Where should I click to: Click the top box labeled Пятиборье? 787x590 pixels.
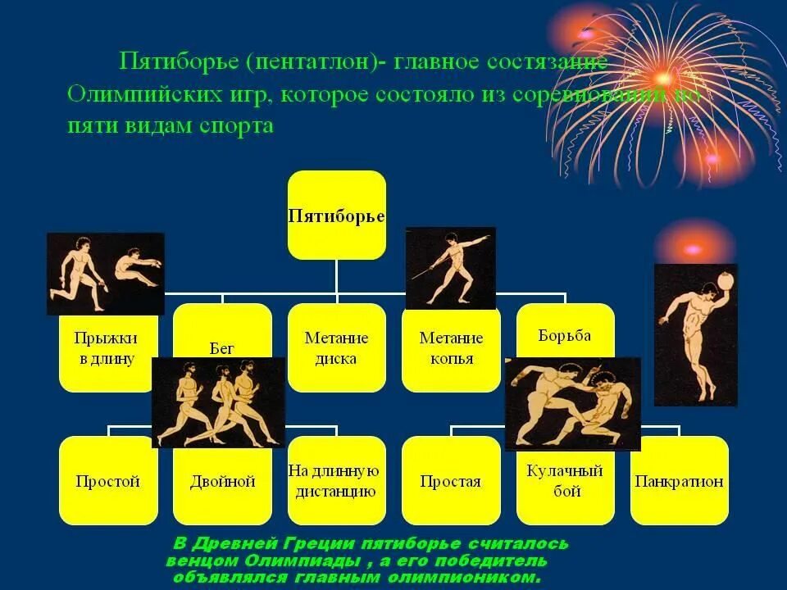pos(336,216)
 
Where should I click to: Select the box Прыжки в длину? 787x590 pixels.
pos(107,348)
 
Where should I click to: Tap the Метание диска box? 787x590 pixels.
pos(336,347)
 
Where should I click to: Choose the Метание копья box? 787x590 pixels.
pos(451,347)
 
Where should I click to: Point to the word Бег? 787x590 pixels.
pos(222,348)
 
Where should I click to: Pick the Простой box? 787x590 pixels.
pos(107,482)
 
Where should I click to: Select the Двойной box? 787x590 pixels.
pos(222,482)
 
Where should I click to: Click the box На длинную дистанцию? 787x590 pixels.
pos(336,482)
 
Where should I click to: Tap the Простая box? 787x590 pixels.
pos(451,482)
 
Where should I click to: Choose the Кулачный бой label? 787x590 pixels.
pos(565,482)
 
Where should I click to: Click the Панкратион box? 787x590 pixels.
pos(679,481)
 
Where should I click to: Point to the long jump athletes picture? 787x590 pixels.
pos(105,274)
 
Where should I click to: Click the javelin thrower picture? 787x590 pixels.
pos(451,268)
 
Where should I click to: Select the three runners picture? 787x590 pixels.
pos(218,402)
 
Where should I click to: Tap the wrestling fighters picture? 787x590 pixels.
pos(572,403)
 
